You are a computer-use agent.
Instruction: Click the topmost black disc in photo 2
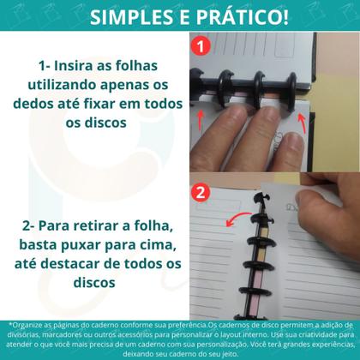(255, 202)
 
